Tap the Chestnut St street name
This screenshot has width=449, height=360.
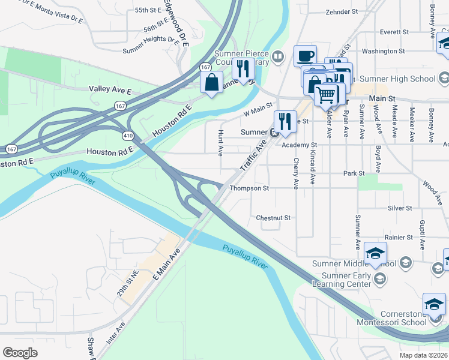(273, 218)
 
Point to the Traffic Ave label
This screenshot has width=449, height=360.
(253, 157)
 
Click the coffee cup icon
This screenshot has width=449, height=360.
(305, 56)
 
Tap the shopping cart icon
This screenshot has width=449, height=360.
(326, 94)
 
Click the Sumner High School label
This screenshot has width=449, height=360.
(405, 79)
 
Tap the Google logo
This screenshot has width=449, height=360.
(20, 352)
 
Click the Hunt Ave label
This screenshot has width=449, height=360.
(221, 140)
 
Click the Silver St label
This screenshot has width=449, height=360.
(400, 208)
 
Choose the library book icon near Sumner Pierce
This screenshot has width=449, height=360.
(277, 58)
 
